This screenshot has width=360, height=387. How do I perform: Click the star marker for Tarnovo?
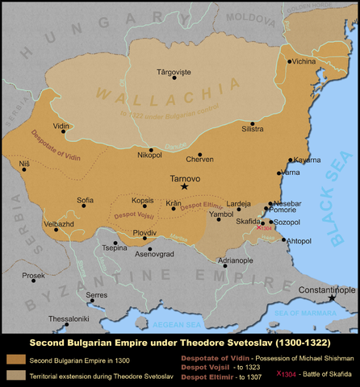[x=185, y=186]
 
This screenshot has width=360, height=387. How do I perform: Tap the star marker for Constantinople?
[x=331, y=298]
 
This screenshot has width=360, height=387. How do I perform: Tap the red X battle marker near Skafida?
[x=258, y=228]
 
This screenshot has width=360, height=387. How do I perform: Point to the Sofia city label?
[x=85, y=199]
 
